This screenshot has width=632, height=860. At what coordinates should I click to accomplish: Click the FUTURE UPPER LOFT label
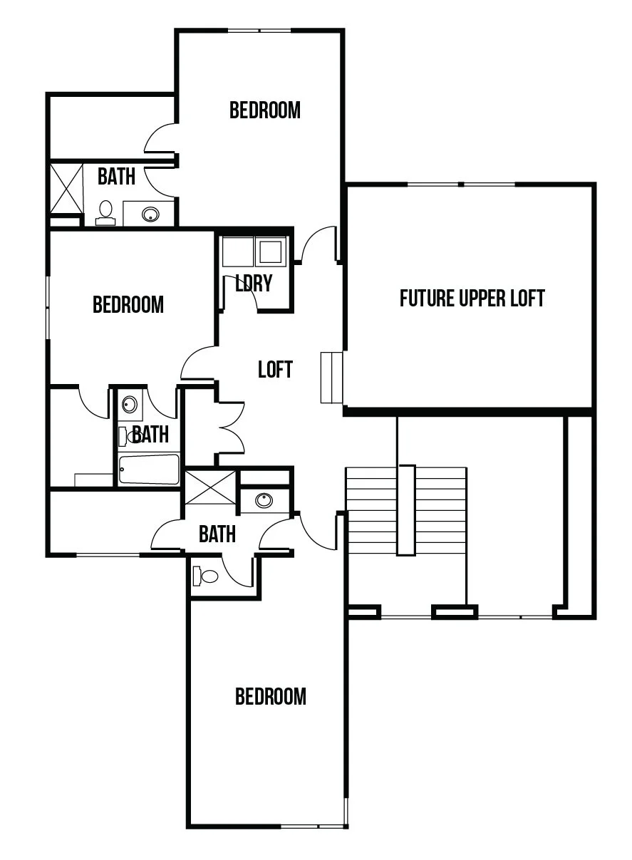pyautogui.click(x=472, y=298)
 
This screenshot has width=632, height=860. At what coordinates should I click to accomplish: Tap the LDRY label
pyautogui.click(x=254, y=283)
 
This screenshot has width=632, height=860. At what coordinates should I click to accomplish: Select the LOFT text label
pyautogui.click(x=275, y=369)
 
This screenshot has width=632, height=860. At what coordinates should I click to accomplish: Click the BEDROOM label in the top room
pyautogui.click(x=265, y=110)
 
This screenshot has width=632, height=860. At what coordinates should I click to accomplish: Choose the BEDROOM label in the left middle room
pyautogui.click(x=128, y=304)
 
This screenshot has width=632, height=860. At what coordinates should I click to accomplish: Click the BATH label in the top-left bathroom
pyautogui.click(x=116, y=177)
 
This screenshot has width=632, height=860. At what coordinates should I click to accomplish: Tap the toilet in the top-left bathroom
pyautogui.click(x=105, y=213)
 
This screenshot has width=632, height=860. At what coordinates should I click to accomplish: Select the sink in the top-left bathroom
pyautogui.click(x=150, y=214)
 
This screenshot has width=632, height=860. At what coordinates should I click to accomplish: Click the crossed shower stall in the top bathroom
pyautogui.click(x=66, y=188)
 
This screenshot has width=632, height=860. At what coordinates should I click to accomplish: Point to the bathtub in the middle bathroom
pyautogui.click(x=149, y=469)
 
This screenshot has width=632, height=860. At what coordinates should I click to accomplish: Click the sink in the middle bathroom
pyautogui.click(x=130, y=404)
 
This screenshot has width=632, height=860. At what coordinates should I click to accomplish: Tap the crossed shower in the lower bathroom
pyautogui.click(x=210, y=487)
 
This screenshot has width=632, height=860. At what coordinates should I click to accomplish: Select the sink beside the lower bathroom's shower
pyautogui.click(x=264, y=500)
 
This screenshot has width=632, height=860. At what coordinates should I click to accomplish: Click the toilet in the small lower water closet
pyautogui.click(x=205, y=576)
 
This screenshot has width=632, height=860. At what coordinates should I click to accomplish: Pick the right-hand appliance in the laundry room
pyautogui.click(x=271, y=252)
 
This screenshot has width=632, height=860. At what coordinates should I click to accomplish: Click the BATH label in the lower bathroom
pyautogui.click(x=217, y=534)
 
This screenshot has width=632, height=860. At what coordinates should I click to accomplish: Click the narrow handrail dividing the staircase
pyautogui.click(x=406, y=510)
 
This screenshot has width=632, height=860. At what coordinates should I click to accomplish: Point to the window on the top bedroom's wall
pyautogui.click(x=259, y=31)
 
